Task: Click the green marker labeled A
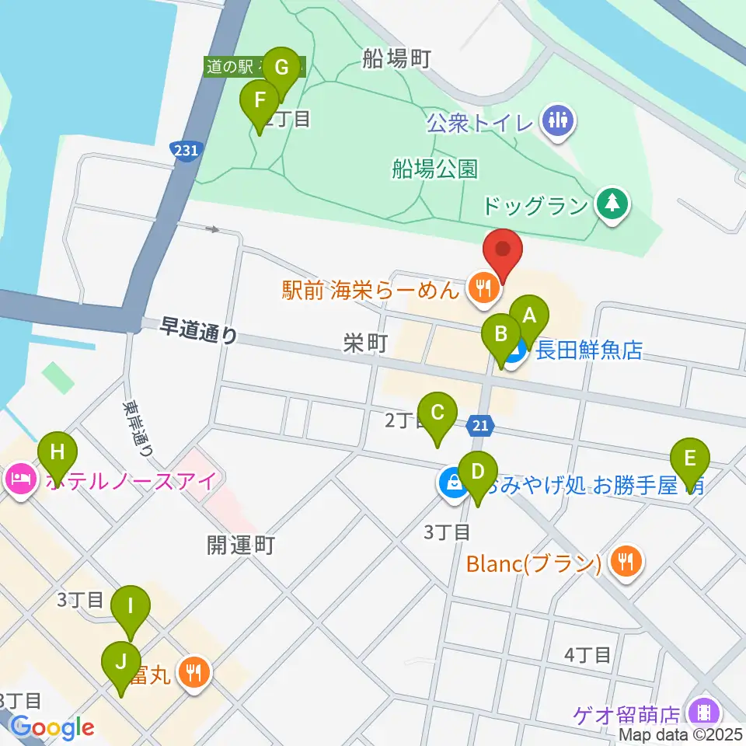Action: [x=530, y=315]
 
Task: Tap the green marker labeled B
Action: [x=501, y=335]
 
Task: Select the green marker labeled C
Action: [x=437, y=413]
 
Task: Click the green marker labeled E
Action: [x=689, y=458]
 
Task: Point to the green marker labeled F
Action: [x=260, y=101]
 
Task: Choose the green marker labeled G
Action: [x=281, y=68]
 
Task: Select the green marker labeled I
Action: [x=131, y=605]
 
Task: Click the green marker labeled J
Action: [x=120, y=662]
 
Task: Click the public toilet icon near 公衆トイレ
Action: [x=558, y=120]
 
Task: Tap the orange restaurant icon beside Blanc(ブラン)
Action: [x=626, y=562]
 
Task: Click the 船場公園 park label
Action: [x=435, y=169]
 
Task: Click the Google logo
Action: [x=52, y=727]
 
